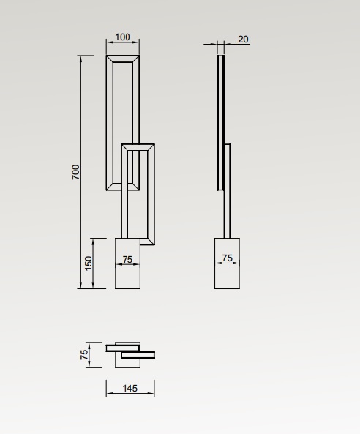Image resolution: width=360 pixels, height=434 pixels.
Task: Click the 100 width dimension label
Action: tap(122, 37)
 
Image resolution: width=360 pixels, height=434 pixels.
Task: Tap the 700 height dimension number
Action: tap(75, 172)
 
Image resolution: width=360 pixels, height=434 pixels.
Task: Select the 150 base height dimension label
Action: tap(88, 263)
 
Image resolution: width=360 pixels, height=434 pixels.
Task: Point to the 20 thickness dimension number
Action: tap(243, 40)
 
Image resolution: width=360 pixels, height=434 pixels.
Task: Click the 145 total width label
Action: tap(130, 389)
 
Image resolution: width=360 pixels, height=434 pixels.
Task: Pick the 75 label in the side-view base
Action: tap(227, 258)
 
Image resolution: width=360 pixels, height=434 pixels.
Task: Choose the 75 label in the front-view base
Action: tap(127, 260)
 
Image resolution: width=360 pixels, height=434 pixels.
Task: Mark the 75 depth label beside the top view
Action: tap(84, 354)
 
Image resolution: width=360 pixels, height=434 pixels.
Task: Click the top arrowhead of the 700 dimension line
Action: tap(80, 58)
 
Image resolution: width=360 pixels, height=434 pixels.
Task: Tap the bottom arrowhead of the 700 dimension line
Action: tap(80, 285)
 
